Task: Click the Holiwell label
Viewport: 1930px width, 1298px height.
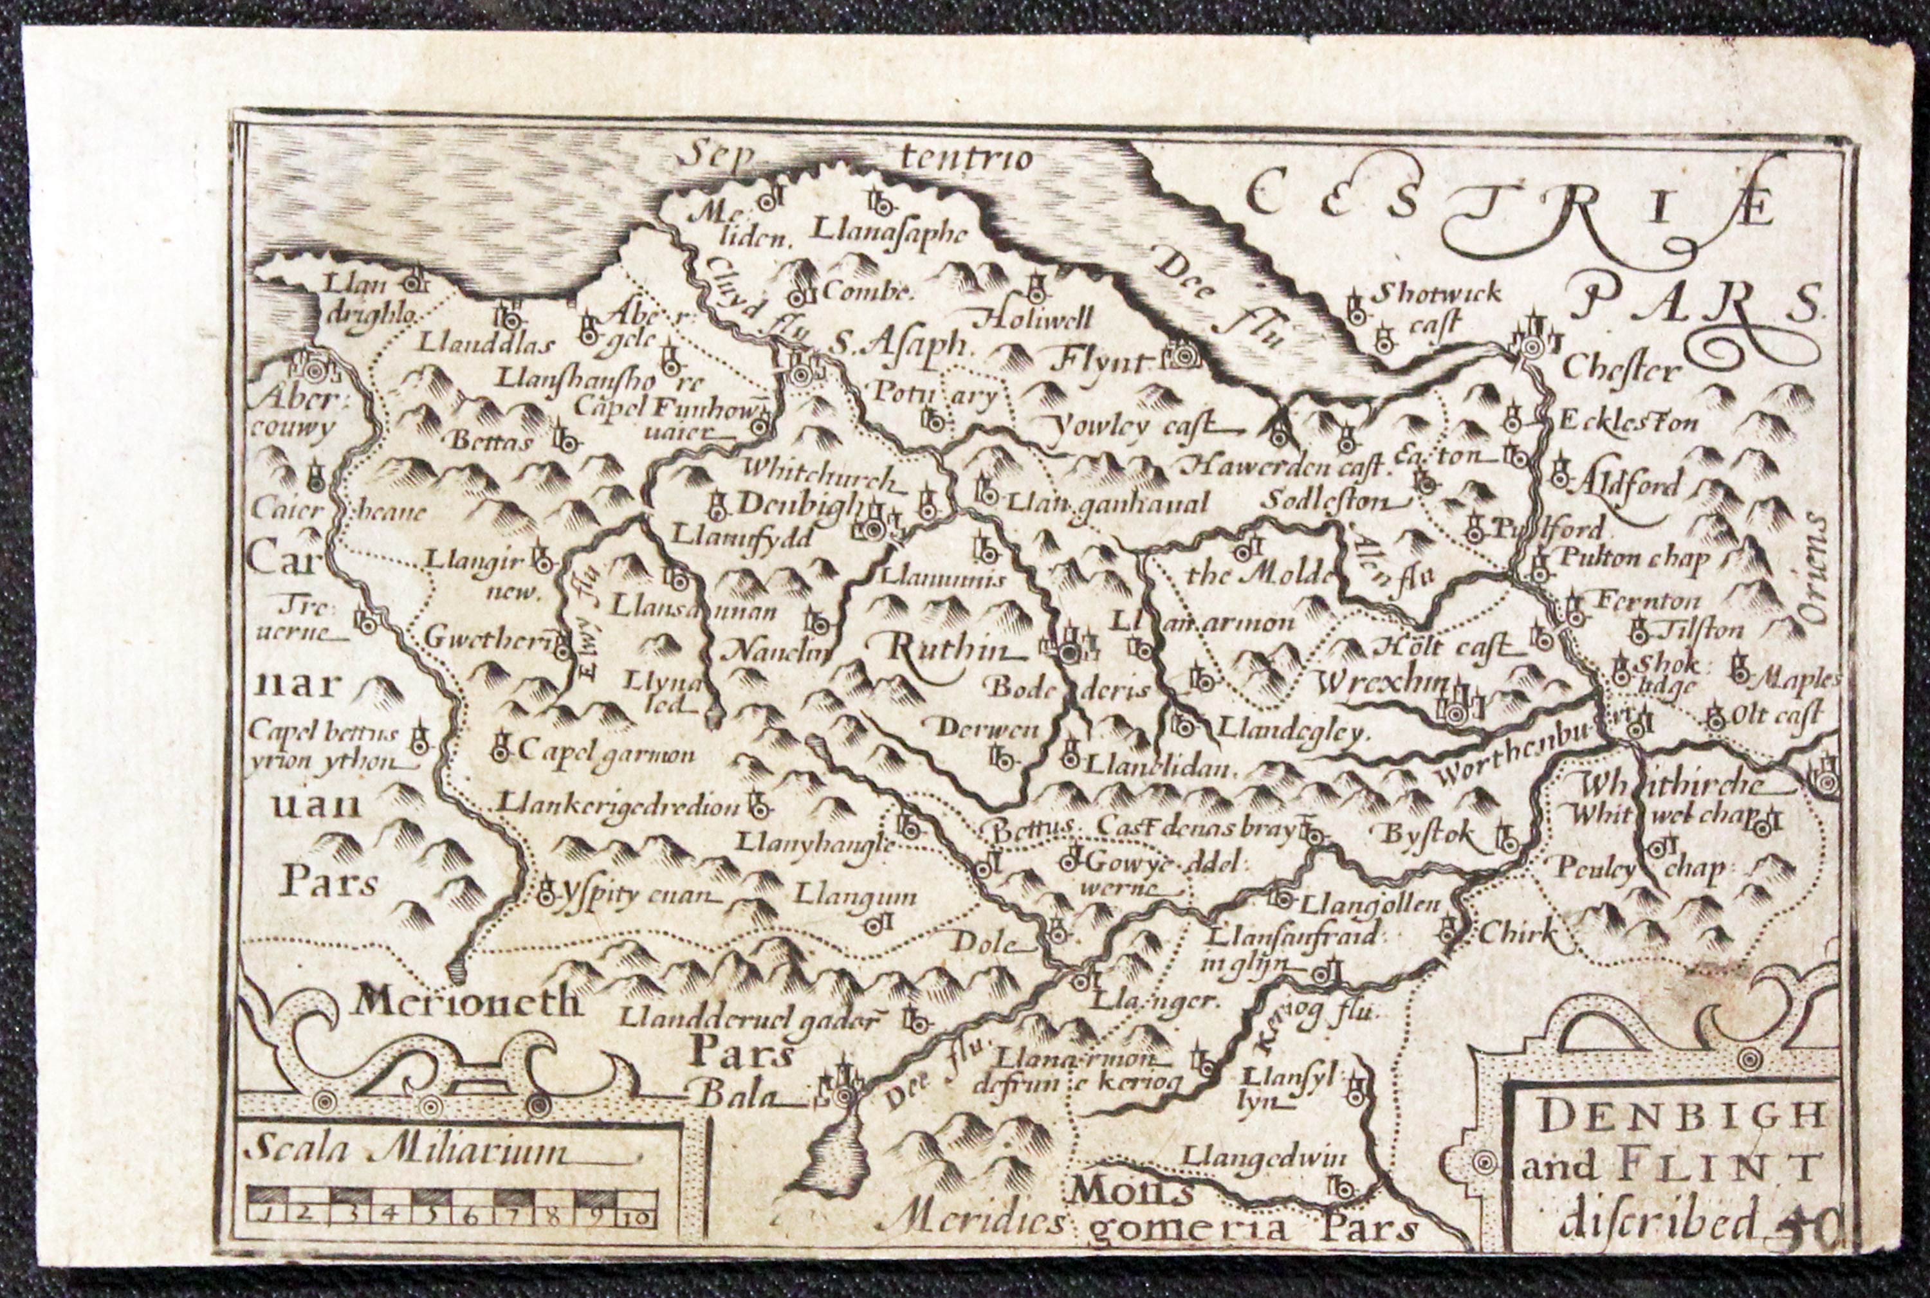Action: pyautogui.click(x=1038, y=317)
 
